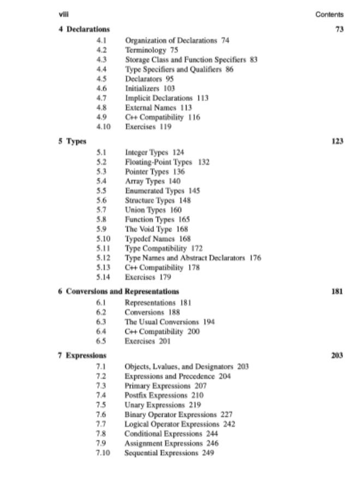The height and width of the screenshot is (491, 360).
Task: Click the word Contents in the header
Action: [329, 15]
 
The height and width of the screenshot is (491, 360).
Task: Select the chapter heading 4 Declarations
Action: [84, 29]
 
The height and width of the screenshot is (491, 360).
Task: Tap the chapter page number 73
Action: [339, 29]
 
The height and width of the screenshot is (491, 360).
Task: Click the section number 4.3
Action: [101, 59]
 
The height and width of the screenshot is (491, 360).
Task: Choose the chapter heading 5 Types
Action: [73, 141]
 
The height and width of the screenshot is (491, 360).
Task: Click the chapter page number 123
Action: [337, 141]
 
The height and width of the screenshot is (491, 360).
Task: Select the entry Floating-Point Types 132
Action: [167, 162]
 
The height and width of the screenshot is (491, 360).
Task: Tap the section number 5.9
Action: [101, 229]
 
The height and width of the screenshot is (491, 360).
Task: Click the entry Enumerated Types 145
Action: [163, 191]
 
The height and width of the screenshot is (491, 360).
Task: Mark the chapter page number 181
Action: [337, 291]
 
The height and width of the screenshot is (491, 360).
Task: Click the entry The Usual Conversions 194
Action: [170, 322]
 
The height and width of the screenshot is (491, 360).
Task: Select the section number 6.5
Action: [101, 341]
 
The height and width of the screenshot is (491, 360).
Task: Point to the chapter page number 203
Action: [337, 356]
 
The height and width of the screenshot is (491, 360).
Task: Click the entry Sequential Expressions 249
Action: [169, 453]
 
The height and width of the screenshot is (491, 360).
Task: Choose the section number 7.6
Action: [101, 415]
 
